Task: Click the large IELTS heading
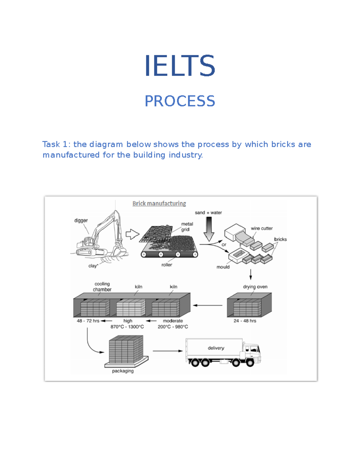point(180,66)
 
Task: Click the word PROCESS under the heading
point(180,101)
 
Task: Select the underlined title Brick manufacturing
point(159,203)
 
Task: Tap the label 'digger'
point(81,221)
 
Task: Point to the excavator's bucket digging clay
point(118,251)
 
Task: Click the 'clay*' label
point(93,266)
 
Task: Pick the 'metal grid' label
point(187,227)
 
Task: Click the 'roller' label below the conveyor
point(167,265)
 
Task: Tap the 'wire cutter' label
point(262,229)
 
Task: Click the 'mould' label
point(223,267)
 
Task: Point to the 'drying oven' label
point(255,287)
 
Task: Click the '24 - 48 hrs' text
point(245,321)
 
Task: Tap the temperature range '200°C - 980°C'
point(173,327)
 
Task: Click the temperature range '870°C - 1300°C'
point(127,327)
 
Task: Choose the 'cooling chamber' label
point(102,287)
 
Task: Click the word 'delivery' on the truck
point(216,348)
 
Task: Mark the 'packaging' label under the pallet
point(123,371)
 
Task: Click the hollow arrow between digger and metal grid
point(132,234)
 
